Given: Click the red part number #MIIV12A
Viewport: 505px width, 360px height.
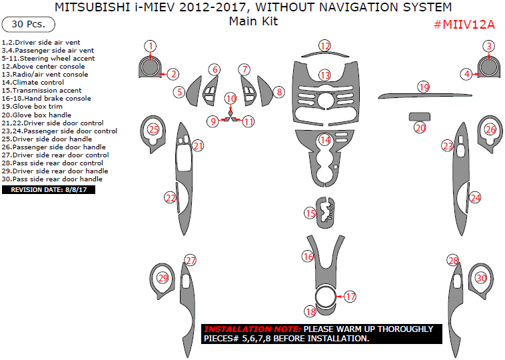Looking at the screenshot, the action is (464, 25).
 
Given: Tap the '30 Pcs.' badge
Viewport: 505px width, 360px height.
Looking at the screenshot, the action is (29, 25).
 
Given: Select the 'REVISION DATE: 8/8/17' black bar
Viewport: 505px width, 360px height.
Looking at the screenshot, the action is (49, 189).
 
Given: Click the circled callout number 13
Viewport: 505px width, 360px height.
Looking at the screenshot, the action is (325, 75).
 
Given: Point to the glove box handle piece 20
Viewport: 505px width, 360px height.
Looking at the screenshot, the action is (419, 117).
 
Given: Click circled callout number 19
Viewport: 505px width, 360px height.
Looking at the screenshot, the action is (424, 87).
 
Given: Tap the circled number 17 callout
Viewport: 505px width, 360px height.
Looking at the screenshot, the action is (350, 297).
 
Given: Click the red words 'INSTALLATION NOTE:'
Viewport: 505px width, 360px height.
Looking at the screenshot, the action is (252, 329).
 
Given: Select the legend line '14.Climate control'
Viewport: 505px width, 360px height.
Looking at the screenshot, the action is (33, 83).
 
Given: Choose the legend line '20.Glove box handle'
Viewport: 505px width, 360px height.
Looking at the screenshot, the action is (37, 115).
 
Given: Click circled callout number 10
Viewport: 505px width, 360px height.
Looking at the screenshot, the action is (231, 99).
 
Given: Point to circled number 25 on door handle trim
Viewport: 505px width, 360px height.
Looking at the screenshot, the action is (154, 129).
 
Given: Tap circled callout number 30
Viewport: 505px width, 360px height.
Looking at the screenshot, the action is (481, 278).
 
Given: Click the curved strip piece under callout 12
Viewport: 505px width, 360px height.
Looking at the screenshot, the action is (325, 54).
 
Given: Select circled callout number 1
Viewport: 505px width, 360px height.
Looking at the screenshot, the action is (151, 46).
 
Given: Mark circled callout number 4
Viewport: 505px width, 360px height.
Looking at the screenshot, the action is (466, 74).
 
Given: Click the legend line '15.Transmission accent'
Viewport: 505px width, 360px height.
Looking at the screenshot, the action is (41, 91).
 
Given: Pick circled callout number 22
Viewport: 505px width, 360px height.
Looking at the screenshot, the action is (171, 197).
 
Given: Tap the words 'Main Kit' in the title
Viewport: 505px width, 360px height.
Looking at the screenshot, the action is (253, 21).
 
